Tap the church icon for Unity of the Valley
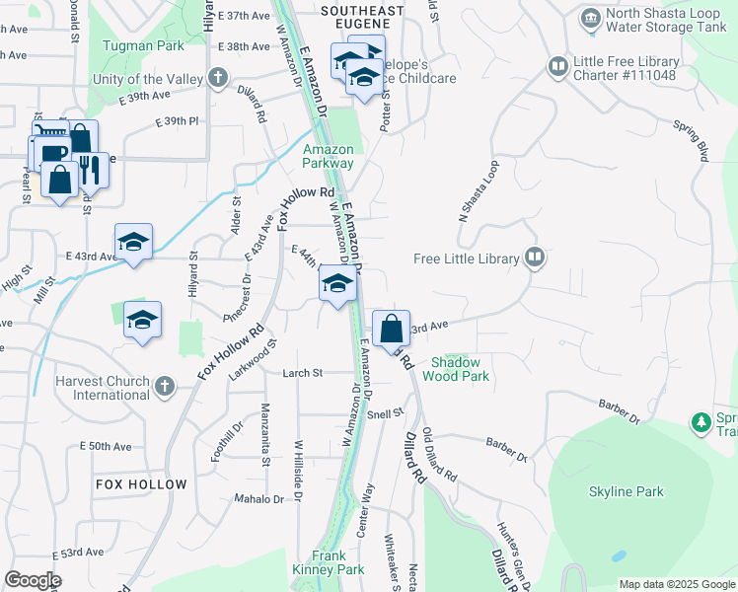217,78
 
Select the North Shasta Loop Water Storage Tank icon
590,18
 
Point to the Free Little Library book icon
535,259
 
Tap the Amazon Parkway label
328,157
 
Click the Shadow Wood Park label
456,369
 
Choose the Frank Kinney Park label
329,562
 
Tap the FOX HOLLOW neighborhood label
141,484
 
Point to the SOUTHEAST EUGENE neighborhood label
362,19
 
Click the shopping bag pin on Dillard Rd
392,329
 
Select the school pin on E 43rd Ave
133,242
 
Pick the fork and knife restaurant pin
91,170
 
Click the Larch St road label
303,373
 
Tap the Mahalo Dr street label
258,499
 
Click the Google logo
33,580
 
